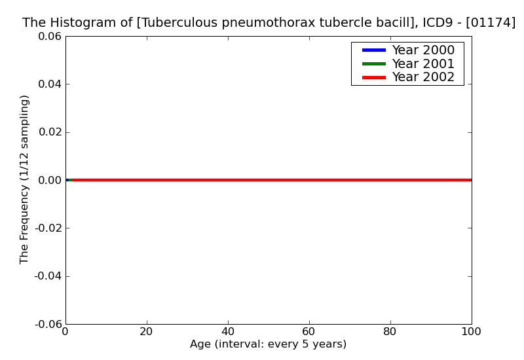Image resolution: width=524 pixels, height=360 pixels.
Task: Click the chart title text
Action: click(269, 23)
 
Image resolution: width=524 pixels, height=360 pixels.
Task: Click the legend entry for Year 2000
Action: click(423, 50)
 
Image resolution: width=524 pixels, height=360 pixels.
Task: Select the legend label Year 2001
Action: click(423, 63)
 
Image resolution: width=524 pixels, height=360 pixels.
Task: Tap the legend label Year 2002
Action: click(423, 77)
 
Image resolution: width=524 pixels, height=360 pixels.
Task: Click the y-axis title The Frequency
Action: click(25, 179)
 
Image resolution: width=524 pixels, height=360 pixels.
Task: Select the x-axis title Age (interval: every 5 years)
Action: click(268, 344)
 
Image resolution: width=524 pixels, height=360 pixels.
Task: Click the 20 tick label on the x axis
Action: click(147, 331)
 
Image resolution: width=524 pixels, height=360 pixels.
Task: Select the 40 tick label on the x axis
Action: click(228, 331)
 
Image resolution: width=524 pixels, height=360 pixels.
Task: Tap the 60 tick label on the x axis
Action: click(309, 331)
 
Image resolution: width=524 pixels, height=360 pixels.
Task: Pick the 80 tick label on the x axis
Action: click(390, 331)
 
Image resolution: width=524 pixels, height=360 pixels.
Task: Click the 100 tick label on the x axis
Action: click(471, 331)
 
